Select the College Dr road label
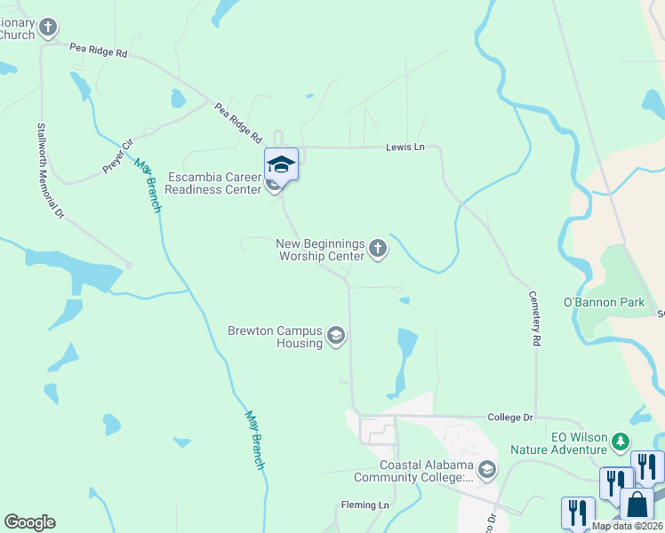pyautogui.click(x=510, y=418)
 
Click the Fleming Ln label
pyautogui.click(x=365, y=505)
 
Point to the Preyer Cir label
pyautogui.click(x=116, y=155)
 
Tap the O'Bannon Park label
pyautogui.click(x=605, y=303)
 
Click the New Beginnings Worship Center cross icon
pyautogui.click(x=378, y=249)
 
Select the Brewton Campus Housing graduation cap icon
pyautogui.click(x=336, y=336)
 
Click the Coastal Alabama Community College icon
pyautogui.click(x=486, y=469)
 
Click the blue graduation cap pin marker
pyautogui.click(x=281, y=164)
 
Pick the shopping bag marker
pyautogui.click(x=637, y=504)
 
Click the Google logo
pyautogui.click(x=29, y=522)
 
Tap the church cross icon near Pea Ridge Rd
pyautogui.click(x=48, y=28)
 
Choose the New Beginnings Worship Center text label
pyautogui.click(x=320, y=250)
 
